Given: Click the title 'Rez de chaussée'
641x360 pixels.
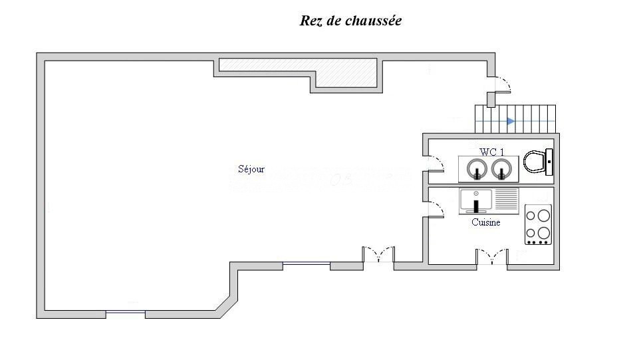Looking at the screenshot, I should click(350, 21).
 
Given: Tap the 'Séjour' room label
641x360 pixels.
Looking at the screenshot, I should click(251, 169).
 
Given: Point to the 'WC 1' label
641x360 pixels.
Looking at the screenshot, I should click(492, 152).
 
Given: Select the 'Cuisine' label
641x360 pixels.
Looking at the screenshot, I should click(485, 222).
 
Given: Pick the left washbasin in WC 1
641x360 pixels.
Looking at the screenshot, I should click(476, 169).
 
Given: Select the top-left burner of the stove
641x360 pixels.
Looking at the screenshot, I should click(532, 215).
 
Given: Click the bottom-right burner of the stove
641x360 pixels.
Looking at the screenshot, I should click(544, 233).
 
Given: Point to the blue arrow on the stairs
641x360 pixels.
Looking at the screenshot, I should click(510, 121).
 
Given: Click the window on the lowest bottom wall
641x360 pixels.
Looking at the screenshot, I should click(126, 313).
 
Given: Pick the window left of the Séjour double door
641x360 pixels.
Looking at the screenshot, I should click(307, 264).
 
